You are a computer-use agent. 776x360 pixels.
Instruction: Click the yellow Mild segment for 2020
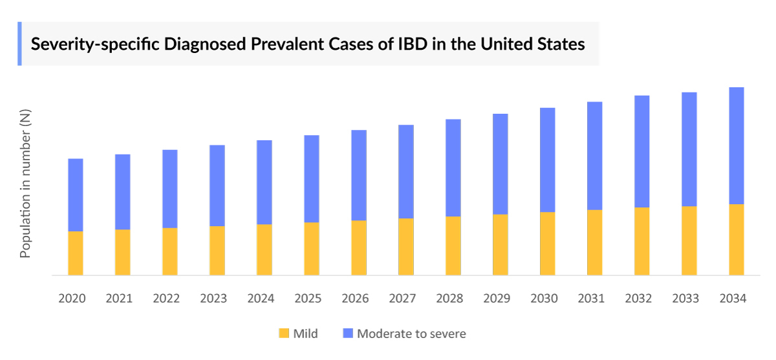coord(76,253)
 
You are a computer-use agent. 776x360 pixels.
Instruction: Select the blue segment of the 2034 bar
coord(737,145)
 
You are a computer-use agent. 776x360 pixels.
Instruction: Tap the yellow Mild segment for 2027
coord(406,246)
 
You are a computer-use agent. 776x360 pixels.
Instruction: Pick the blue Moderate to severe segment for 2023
coord(217,185)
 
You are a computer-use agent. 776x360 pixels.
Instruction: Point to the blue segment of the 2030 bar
coord(548,160)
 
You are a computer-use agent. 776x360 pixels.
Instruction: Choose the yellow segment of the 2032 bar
coord(642,241)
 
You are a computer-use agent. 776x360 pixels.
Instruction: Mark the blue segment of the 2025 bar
coord(312,178)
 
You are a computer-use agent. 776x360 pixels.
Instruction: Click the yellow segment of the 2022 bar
coord(170,251)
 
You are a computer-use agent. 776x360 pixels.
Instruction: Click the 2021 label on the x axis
coord(119,299)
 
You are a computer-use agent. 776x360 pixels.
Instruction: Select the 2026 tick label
coord(355,299)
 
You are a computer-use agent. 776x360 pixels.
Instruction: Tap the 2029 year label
coord(497,299)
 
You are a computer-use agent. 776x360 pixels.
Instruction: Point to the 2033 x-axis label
coord(685,299)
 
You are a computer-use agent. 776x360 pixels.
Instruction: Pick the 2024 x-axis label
coord(261,299)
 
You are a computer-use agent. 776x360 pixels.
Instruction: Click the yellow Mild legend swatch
coord(283,334)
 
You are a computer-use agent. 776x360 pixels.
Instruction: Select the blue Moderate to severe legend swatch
coord(348,334)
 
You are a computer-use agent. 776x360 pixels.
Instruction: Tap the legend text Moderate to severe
coord(411,334)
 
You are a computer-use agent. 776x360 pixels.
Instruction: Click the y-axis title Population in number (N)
coord(25,184)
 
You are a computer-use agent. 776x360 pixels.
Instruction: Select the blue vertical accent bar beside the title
coord(19,43)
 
